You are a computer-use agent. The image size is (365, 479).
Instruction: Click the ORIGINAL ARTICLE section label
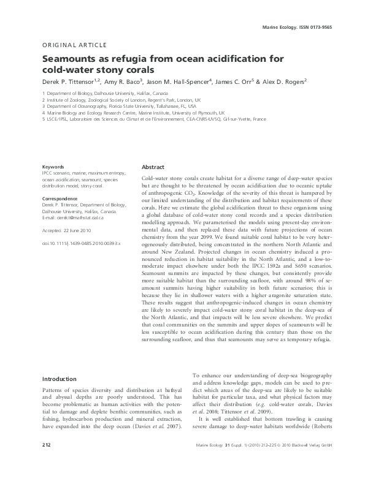pyautogui.click(x=74, y=45)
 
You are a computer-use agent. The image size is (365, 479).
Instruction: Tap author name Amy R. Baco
pyautogui.click(x=127, y=80)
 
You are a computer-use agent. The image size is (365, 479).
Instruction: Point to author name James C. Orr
pyautogui.click(x=240, y=80)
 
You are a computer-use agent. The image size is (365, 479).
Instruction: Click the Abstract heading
pyautogui.click(x=153, y=167)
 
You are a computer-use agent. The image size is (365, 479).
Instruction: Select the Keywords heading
pyautogui.click(x=53, y=167)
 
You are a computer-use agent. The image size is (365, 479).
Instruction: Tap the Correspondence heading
pyautogui.click(x=60, y=199)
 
